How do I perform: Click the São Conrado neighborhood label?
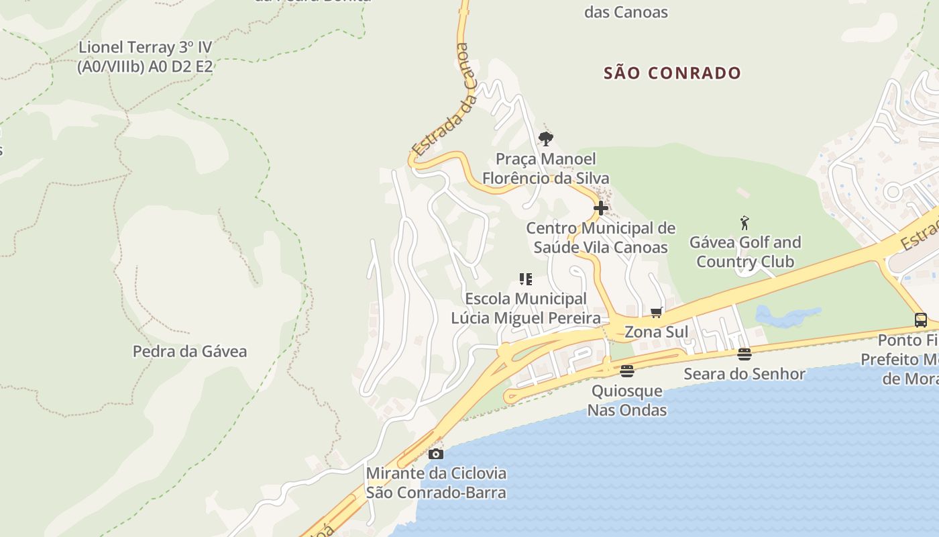672,73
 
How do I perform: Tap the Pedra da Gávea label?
190,351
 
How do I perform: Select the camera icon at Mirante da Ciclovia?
436,454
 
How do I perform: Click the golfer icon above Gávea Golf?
744,223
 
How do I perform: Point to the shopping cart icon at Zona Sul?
656,312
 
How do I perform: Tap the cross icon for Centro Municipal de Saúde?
600,208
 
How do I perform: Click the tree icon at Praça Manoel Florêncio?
546,139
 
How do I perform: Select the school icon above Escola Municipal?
526,279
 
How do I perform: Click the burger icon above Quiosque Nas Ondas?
627,371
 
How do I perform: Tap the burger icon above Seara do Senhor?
744,354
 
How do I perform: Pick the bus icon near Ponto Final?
921,320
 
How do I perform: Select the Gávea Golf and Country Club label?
744,252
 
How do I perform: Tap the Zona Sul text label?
656,332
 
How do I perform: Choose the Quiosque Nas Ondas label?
627,400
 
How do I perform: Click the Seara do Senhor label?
744,374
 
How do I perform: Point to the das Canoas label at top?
626,12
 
